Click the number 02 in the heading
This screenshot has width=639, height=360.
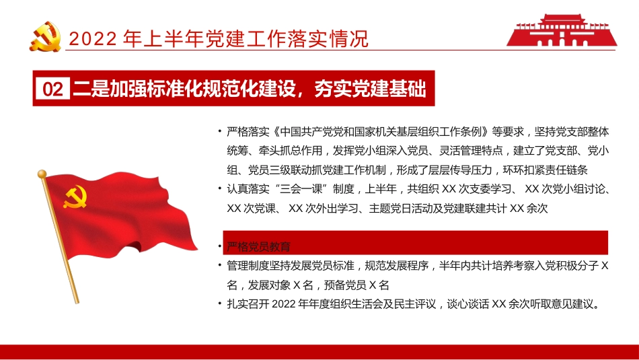click(52, 89)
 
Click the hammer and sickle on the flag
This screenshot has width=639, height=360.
click(75, 196)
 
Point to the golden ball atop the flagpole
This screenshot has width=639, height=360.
click(42, 174)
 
